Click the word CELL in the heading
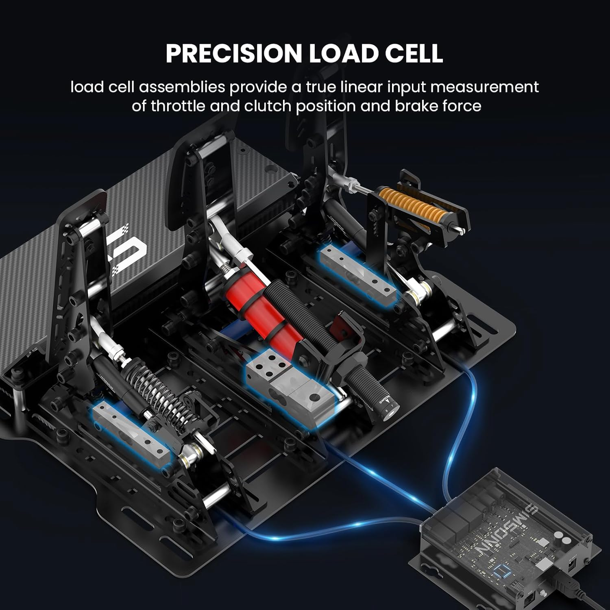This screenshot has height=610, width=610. [x=414, y=53]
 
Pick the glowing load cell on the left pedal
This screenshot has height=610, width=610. [x=130, y=431]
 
